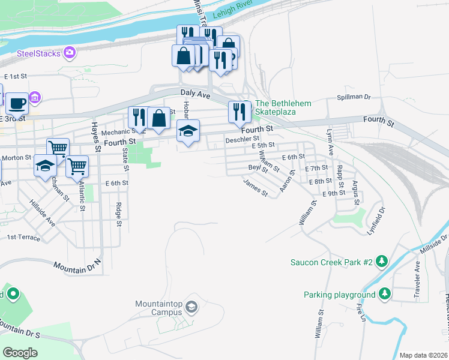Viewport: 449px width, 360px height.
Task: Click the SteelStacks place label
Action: (38, 53)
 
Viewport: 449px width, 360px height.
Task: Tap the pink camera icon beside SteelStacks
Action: (70, 53)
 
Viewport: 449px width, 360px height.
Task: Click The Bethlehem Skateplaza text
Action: (283, 107)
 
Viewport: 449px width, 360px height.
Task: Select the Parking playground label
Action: (339, 295)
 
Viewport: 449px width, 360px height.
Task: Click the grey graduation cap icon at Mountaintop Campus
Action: (191, 308)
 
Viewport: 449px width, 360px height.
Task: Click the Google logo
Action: (20, 353)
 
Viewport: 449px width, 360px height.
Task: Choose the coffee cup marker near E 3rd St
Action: (17, 103)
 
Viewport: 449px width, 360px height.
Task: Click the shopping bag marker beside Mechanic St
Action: (159, 118)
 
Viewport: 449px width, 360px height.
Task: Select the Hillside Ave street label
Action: (42, 212)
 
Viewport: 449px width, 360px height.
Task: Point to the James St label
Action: (256, 188)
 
